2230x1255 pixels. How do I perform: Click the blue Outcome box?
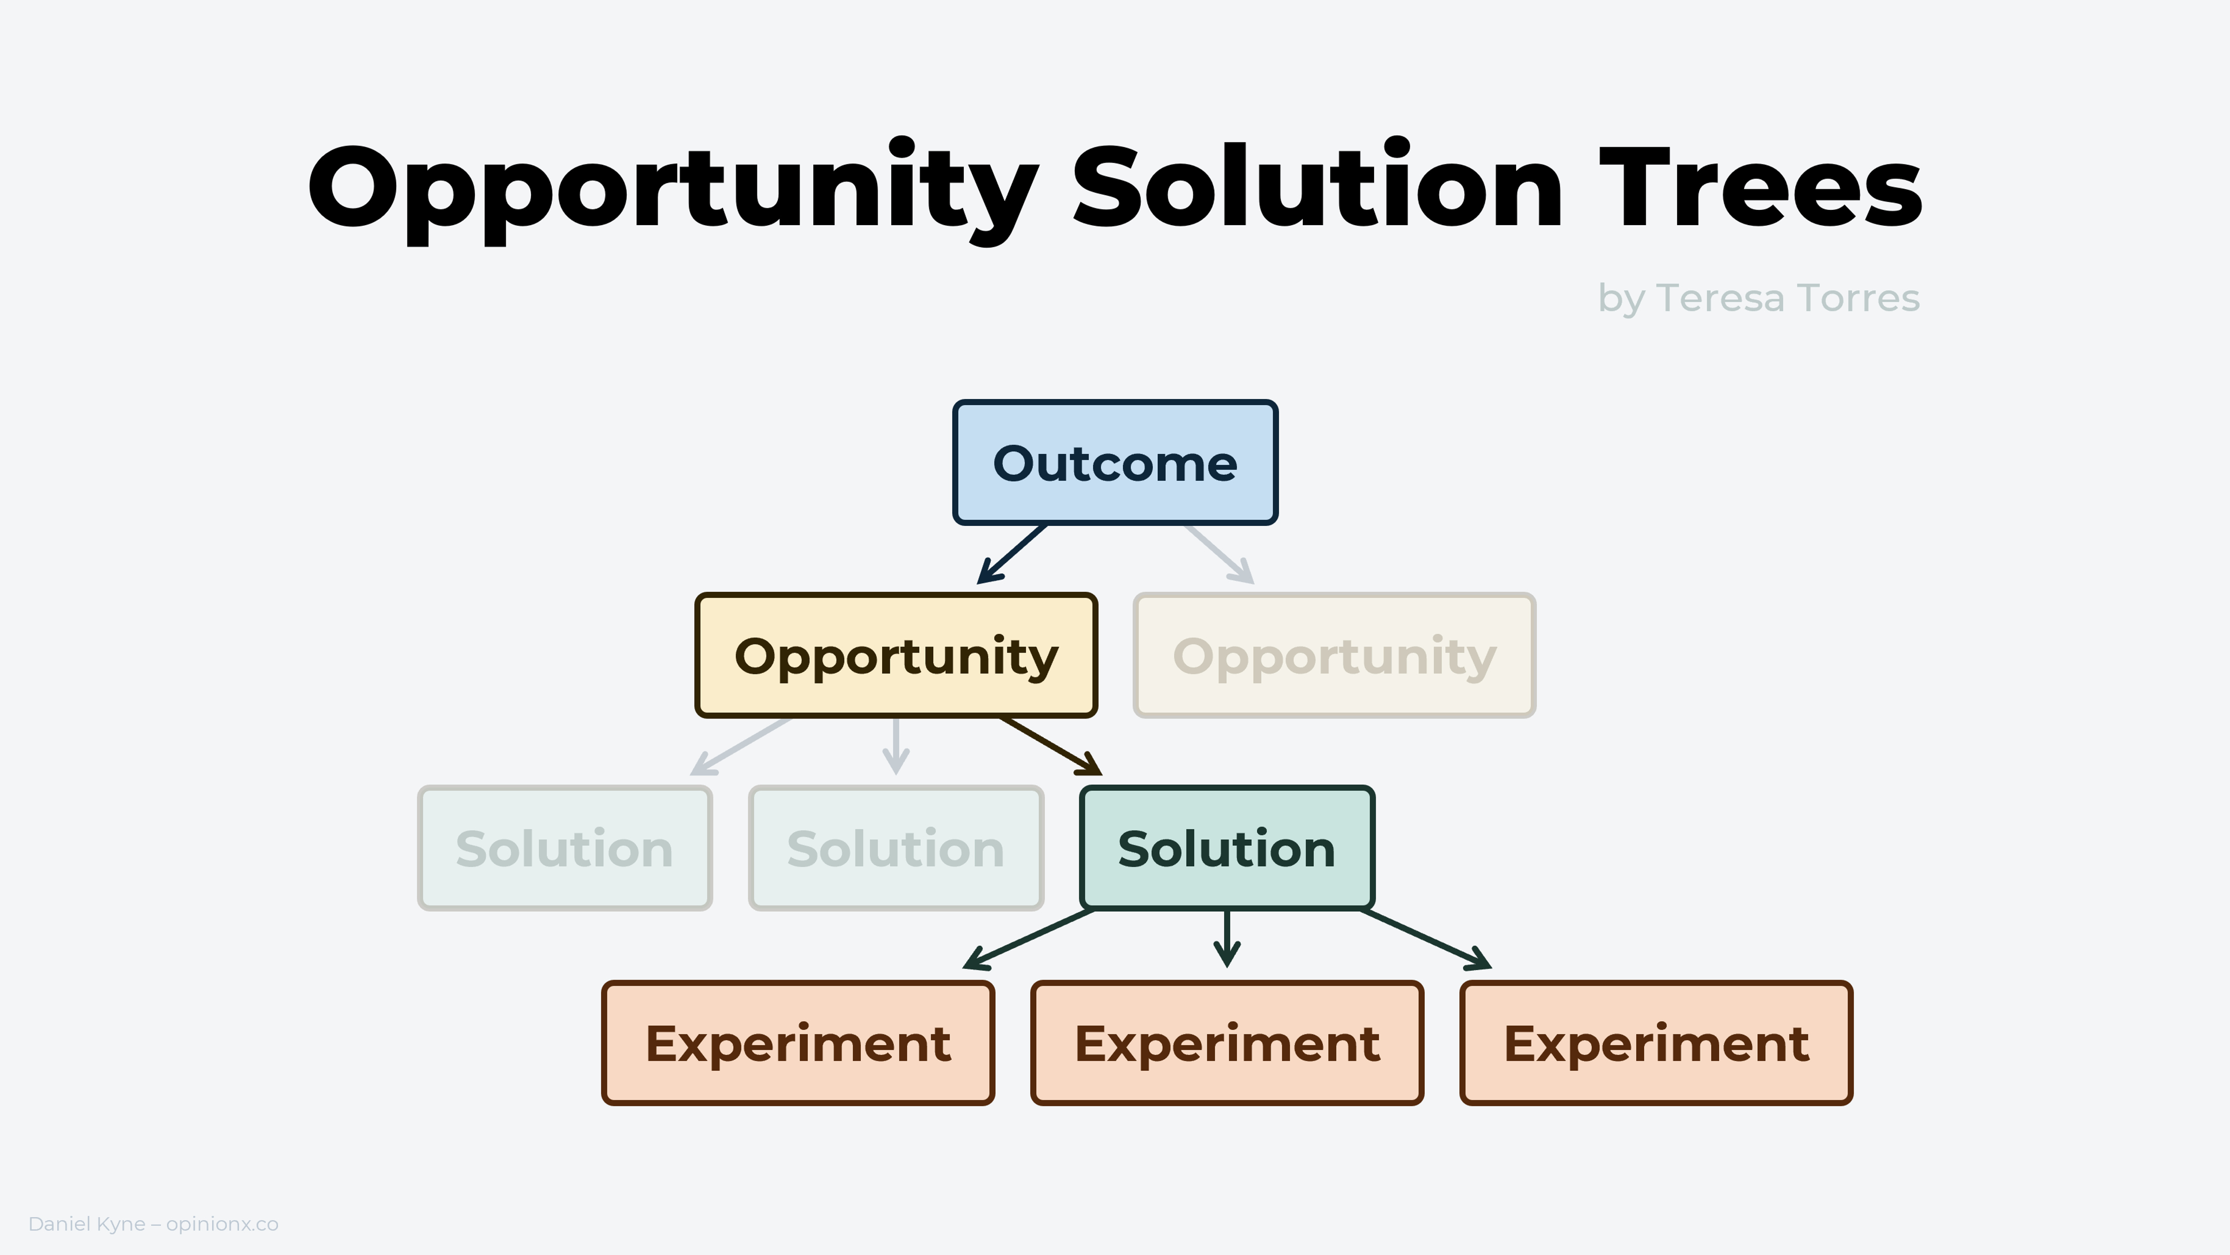(x=1115, y=462)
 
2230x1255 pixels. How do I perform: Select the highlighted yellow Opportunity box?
(x=896, y=656)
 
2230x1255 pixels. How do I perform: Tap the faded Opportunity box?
(x=1334, y=656)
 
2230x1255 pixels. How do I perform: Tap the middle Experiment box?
(x=1227, y=1043)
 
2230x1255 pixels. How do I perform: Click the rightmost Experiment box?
(x=1656, y=1043)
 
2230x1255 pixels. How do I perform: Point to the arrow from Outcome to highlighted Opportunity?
(x=1012, y=554)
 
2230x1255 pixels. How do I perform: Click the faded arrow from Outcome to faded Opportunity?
(x=1220, y=554)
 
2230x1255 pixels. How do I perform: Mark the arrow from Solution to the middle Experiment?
(x=1227, y=939)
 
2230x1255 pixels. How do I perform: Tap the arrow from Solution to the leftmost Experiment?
(x=1029, y=939)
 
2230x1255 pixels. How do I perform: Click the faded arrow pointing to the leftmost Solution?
(x=740, y=746)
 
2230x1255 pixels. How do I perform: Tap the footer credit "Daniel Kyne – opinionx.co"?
(x=153, y=1224)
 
